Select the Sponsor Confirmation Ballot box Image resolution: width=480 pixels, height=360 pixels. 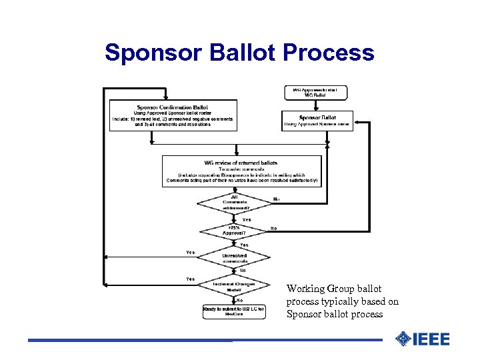click(173, 115)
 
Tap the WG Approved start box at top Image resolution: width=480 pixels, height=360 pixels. click(315, 93)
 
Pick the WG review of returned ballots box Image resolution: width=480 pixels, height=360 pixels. click(241, 171)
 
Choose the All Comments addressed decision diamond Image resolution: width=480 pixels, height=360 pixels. click(234, 202)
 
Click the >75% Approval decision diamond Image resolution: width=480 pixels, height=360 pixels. click(234, 230)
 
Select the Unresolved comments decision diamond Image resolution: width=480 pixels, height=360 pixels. click(234, 258)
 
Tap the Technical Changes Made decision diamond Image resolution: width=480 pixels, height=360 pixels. click(234, 287)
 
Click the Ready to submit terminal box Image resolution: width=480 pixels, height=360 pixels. click(234, 311)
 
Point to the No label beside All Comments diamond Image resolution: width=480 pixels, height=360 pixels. click(276, 199)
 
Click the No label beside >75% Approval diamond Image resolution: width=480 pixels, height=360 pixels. click(273, 228)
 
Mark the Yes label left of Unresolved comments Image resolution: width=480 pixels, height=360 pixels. click(191, 253)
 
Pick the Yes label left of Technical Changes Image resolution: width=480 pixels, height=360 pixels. click(191, 279)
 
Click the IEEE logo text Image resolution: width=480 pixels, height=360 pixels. click(431, 339)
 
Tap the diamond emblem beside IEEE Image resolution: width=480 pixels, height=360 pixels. click(403, 339)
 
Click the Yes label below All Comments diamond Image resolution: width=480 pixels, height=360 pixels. click(247, 219)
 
